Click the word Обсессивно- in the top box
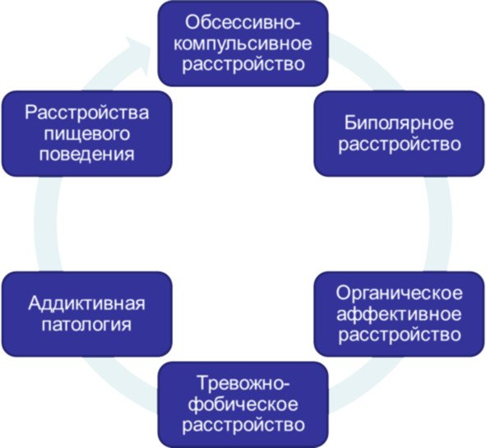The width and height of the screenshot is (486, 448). pos(243,23)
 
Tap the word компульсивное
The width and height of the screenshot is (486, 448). pos(243,44)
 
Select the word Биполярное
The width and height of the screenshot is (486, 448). pos(399,123)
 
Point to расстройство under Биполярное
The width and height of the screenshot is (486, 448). pos(400,145)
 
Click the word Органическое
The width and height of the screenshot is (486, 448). pos(399,293)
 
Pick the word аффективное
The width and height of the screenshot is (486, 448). pos(399,315)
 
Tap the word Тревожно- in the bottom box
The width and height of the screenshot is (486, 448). pos(243,383)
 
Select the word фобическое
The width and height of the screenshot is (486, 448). pos(243,404)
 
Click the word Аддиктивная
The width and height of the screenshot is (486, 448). pos(87,303)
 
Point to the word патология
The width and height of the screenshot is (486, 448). pos(87,325)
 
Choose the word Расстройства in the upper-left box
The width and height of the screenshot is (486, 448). pos(87,113)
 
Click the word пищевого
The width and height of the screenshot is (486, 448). pos(87,134)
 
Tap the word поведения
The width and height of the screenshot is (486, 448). pos(87,154)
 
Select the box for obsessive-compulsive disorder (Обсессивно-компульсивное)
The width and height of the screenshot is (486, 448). pos(243,44)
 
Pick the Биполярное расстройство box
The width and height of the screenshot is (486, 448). pos(399,134)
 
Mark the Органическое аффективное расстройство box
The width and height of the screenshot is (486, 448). pos(399,314)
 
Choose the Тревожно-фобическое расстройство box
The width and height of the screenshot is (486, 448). pos(243,404)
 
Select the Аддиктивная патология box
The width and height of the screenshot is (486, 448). pos(87,314)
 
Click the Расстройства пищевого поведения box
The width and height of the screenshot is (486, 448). pos(87,134)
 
